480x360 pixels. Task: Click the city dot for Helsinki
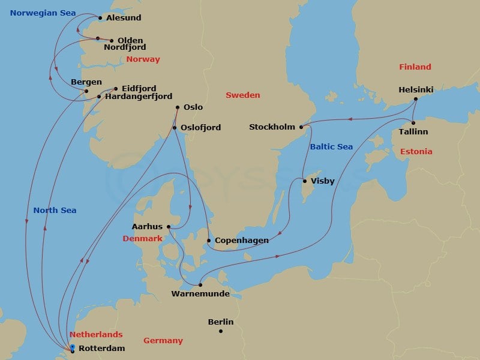point(416,99)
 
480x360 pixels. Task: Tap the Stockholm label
point(272,127)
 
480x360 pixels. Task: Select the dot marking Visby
point(305,181)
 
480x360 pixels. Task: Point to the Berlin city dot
point(221,331)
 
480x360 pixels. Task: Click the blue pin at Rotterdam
point(72,347)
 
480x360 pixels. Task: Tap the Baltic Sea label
point(331,146)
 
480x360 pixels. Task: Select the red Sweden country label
point(242,95)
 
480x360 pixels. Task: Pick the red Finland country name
point(415,67)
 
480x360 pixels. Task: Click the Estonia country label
point(416,151)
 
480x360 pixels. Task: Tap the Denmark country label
point(142,238)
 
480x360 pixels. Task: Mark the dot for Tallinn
point(413,123)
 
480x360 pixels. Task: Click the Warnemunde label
point(200,294)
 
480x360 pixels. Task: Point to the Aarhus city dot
point(169,226)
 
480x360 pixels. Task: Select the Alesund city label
point(124,18)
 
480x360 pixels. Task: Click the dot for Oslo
point(178,107)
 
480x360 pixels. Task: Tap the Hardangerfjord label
point(139,96)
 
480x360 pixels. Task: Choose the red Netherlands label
point(96,334)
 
